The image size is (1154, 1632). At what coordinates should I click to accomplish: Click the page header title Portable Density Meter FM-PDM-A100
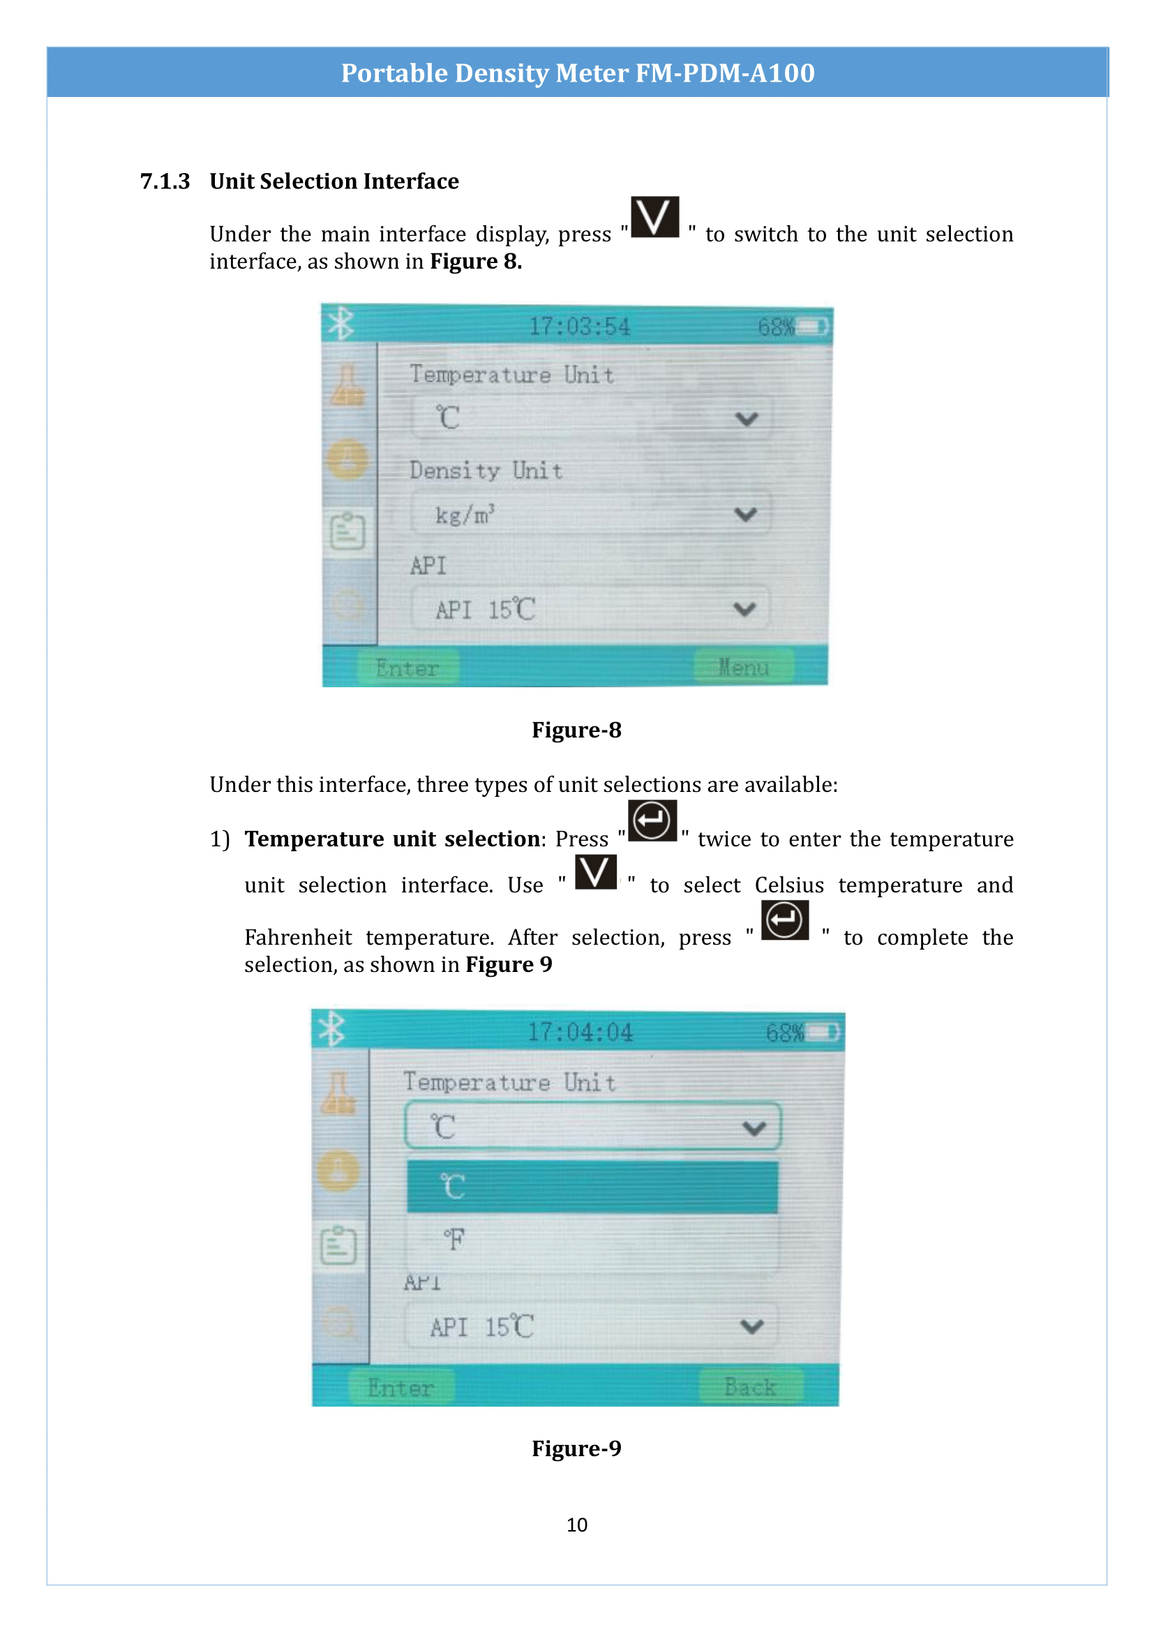pyautogui.click(x=577, y=73)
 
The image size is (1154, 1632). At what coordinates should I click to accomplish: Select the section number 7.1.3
pyautogui.click(x=165, y=181)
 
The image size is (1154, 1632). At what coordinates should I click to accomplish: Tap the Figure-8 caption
pyautogui.click(x=576, y=730)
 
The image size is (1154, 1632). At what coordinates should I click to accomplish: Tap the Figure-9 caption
pyautogui.click(x=576, y=1448)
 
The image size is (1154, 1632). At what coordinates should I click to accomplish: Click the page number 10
pyautogui.click(x=576, y=1524)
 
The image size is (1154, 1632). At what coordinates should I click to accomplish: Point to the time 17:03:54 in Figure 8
pyautogui.click(x=579, y=327)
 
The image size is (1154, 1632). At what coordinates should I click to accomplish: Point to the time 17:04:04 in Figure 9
pyautogui.click(x=579, y=1031)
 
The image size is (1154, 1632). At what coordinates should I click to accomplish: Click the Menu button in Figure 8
pyautogui.click(x=743, y=667)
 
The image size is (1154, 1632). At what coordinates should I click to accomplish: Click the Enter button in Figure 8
pyautogui.click(x=407, y=668)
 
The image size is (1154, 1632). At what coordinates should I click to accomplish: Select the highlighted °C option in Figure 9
pyautogui.click(x=592, y=1186)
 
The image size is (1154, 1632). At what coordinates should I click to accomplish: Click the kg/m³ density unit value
pyautogui.click(x=465, y=514)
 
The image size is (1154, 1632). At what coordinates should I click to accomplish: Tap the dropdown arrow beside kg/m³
pyautogui.click(x=745, y=514)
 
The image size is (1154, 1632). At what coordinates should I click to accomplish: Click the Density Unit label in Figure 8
pyautogui.click(x=486, y=470)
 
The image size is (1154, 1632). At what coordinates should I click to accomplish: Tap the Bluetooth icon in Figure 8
pyautogui.click(x=340, y=324)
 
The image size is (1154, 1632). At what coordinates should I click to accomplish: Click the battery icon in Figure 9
pyautogui.click(x=822, y=1031)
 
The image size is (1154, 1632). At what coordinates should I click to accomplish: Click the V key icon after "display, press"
pyautogui.click(x=654, y=217)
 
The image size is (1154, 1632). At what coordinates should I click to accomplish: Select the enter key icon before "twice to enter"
pyautogui.click(x=652, y=821)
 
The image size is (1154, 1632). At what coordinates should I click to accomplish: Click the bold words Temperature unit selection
pyautogui.click(x=392, y=839)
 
